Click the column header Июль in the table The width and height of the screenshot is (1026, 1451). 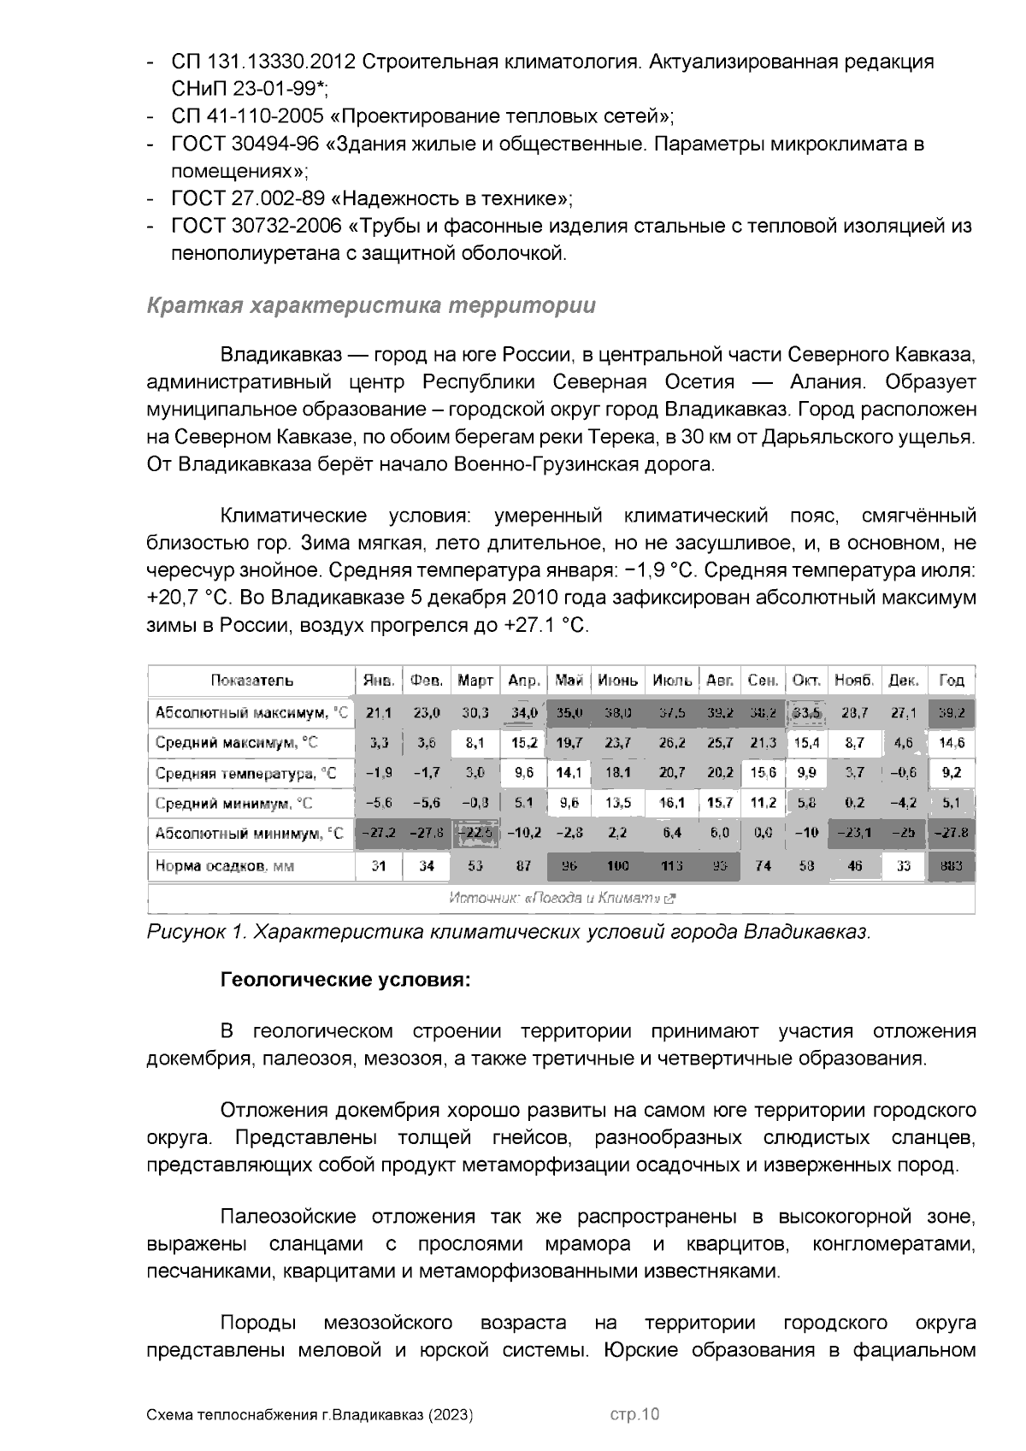[x=672, y=681]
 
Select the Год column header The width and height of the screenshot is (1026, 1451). [x=951, y=681]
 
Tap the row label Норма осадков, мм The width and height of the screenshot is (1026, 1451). [x=225, y=866]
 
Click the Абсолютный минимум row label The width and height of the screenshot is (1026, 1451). [x=249, y=834]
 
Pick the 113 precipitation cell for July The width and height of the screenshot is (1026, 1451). [x=672, y=866]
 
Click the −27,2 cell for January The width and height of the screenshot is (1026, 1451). [x=378, y=834]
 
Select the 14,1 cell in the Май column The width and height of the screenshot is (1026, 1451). [x=569, y=774]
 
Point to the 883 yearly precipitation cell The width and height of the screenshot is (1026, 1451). [x=951, y=866]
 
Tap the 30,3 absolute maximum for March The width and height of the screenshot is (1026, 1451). [x=475, y=712]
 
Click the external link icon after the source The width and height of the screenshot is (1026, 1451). [x=671, y=899]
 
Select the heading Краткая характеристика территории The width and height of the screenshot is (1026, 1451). [x=371, y=305]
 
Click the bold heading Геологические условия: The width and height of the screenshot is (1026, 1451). [x=345, y=979]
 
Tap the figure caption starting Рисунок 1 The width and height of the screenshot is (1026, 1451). [x=508, y=932]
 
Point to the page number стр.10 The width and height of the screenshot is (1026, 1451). [x=634, y=1414]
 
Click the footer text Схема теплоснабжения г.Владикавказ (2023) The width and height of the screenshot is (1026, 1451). [x=310, y=1415]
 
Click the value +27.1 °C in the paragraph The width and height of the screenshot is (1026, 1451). [x=547, y=625]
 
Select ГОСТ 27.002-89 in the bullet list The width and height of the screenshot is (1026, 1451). [x=248, y=198]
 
